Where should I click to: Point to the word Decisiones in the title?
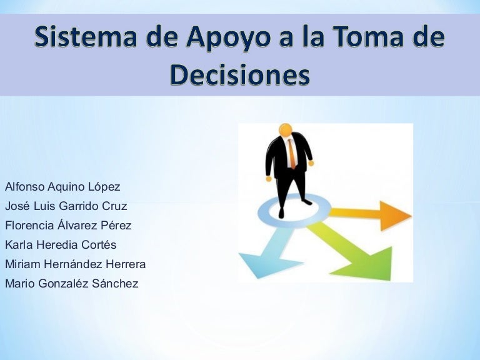point(240,74)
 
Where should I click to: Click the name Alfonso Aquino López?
point(62,186)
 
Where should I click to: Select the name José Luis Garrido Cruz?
point(66,206)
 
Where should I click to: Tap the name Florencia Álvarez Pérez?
point(68,225)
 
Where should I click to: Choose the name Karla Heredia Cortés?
point(61,244)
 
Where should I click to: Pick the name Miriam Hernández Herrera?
point(75,264)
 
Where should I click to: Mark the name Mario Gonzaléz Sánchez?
point(71,283)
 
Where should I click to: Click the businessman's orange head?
point(286,130)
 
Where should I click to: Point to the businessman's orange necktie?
point(291,153)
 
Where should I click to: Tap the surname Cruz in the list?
point(114,206)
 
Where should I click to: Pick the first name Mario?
point(19,283)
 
